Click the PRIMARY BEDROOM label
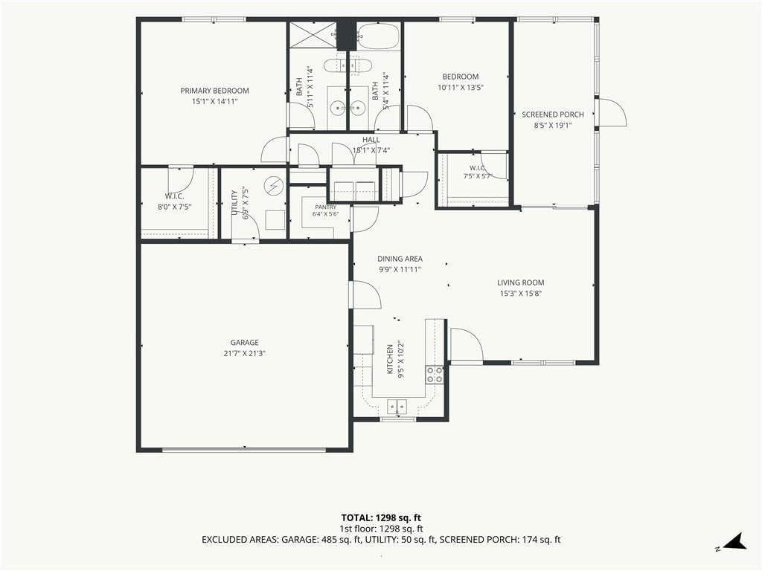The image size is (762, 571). [x=214, y=91]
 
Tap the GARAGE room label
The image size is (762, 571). [x=244, y=343]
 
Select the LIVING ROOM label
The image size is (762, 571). [x=520, y=283]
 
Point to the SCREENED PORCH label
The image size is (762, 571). [x=553, y=114]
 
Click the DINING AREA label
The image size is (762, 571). [x=400, y=259]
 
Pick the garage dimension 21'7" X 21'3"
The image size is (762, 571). [x=244, y=353]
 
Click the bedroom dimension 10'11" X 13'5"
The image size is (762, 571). [x=460, y=88]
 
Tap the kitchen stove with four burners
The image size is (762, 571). [x=435, y=375]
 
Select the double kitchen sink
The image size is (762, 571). [x=397, y=407]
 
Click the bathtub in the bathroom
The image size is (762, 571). [x=379, y=36]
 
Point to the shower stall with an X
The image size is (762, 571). [x=313, y=35]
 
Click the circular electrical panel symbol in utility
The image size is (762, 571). [x=273, y=185]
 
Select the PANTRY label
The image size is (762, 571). [x=326, y=207]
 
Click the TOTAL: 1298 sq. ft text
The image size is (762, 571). [x=381, y=517]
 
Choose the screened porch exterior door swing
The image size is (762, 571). [x=612, y=113]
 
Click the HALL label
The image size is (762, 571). [x=371, y=140]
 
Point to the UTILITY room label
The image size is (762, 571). [x=234, y=203]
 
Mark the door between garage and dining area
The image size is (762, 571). [x=365, y=294]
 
